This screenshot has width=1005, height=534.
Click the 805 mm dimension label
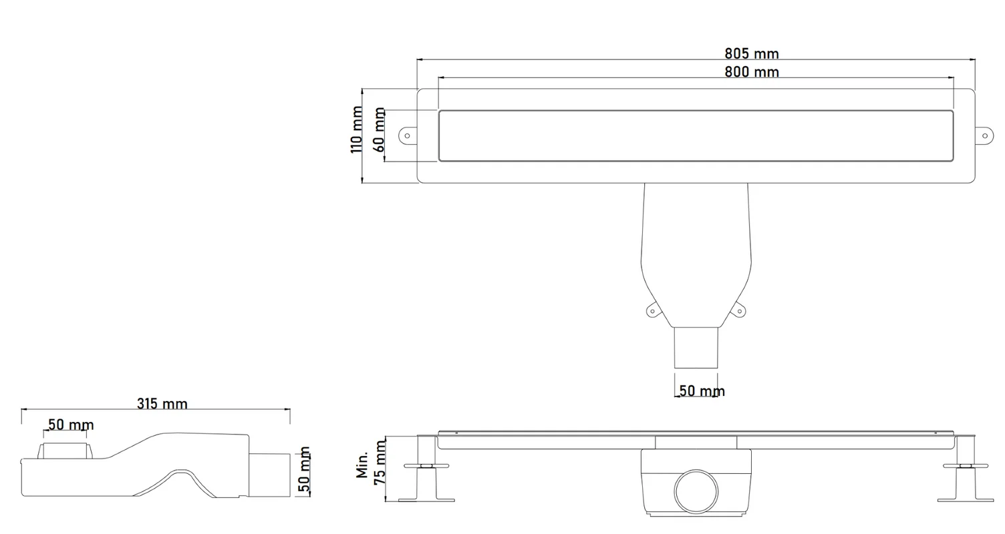752,54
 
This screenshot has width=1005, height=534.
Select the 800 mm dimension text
752,71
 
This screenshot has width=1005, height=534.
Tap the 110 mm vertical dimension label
356,129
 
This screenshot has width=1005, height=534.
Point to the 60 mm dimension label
379,129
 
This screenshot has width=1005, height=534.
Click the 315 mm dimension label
162,404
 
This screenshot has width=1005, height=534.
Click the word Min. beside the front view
362,465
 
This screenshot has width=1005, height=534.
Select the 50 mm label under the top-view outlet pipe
702,391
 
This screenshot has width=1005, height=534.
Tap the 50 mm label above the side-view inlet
71,425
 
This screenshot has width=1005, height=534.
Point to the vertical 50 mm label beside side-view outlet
304,469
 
